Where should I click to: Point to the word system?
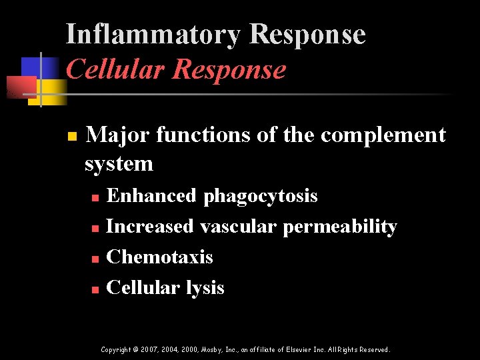[x=119, y=163]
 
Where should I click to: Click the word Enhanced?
[x=151, y=196]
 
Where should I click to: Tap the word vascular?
[x=238, y=227]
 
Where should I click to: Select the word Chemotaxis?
[x=159, y=257]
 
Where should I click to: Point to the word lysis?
[x=205, y=288]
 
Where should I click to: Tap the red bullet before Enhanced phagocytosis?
[x=95, y=198]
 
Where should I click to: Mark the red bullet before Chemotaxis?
[x=95, y=259]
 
